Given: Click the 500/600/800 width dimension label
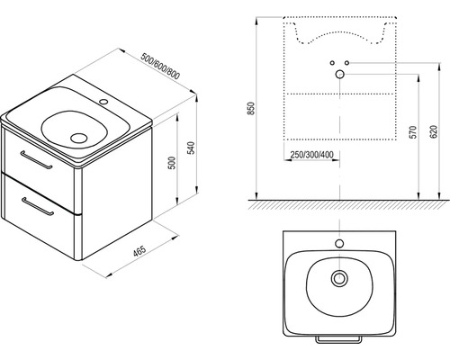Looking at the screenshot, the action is pyautogui.click(x=160, y=67).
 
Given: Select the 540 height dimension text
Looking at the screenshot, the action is pyautogui.click(x=191, y=148).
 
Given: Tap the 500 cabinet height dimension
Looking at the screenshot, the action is pyautogui.click(x=172, y=163).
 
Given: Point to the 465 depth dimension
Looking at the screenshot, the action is pyautogui.click(x=139, y=251).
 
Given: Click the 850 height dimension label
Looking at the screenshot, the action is pyautogui.click(x=251, y=108).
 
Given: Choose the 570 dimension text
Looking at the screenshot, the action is pyautogui.click(x=413, y=132).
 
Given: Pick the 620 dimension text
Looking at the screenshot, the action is pyautogui.click(x=434, y=131).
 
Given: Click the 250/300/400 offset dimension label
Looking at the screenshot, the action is pyautogui.click(x=312, y=155).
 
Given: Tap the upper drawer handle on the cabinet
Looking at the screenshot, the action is pyautogui.click(x=36, y=160).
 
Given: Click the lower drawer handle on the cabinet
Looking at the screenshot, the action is pyautogui.click(x=38, y=206).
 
